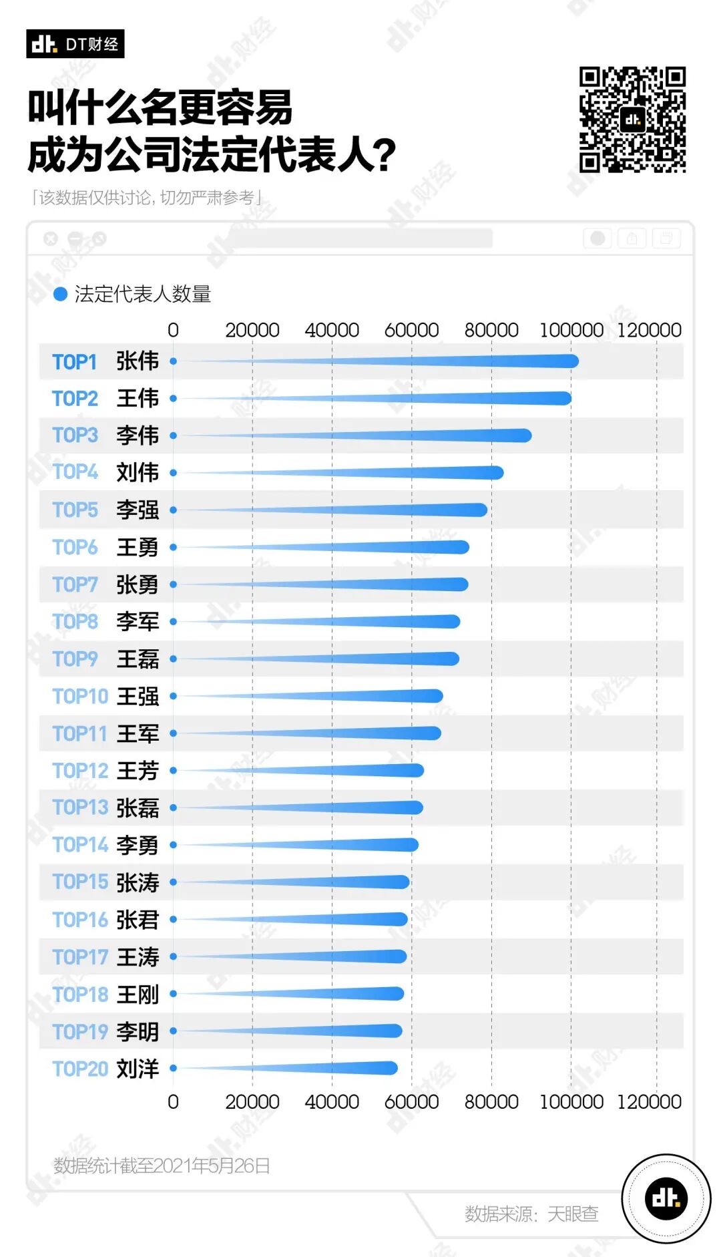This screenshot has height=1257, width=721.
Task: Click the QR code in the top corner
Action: [632, 120]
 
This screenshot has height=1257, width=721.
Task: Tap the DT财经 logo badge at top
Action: [75, 44]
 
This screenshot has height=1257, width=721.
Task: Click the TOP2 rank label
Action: [75, 399]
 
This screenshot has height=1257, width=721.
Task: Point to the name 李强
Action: [138, 510]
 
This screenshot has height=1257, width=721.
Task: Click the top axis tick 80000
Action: [491, 330]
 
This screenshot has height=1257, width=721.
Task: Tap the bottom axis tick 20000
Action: [252, 1101]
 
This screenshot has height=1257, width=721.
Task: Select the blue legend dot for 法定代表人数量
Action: [60, 294]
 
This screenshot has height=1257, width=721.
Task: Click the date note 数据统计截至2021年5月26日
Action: [162, 1165]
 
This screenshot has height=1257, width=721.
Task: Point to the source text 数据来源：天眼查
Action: [531, 1214]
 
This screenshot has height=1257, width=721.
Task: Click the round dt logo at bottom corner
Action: [666, 1198]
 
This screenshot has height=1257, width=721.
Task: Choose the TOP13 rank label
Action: [80, 807]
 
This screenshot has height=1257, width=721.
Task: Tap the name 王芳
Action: [138, 771]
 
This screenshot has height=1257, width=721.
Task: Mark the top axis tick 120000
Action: [649, 330]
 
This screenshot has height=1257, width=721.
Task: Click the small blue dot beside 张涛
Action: [173, 882]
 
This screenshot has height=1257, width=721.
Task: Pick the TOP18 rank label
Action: [80, 995]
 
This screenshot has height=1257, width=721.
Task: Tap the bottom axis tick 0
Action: [173, 1101]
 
